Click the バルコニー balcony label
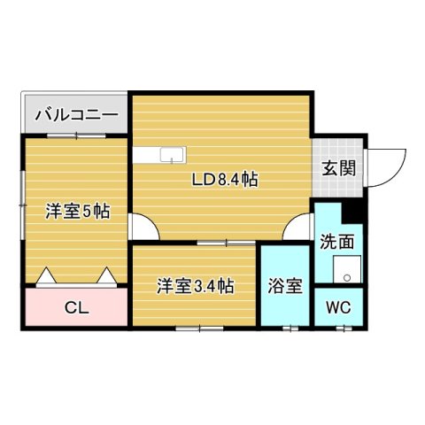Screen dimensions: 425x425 tap(76, 114)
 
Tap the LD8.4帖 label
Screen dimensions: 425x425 tap(226, 179)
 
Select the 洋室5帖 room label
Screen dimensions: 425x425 tap(77, 212)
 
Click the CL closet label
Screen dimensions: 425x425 tap(76, 308)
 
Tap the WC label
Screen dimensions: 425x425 tap(338, 308)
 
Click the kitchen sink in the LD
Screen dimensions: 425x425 tap(168, 156)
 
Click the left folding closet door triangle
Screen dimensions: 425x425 tap(45, 276)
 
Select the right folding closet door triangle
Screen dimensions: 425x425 tap(108, 276)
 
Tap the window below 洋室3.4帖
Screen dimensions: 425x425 tap(199, 328)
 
